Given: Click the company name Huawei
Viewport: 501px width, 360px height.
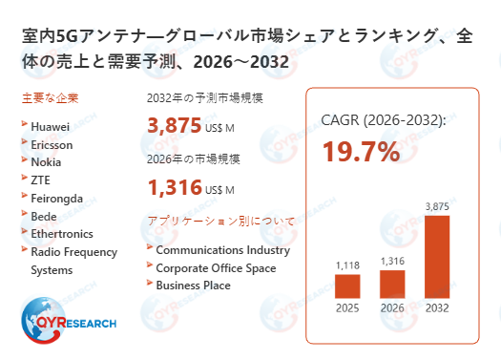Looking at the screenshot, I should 51,125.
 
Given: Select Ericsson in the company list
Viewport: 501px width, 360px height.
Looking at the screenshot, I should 52,143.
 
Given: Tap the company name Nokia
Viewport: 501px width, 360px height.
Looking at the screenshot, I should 47,161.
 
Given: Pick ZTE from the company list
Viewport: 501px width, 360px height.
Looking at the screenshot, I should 42,180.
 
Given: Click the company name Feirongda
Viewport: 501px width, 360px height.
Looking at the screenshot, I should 58,198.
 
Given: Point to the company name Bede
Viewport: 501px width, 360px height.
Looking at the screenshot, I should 45,216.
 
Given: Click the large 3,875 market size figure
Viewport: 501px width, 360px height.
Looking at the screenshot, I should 174,125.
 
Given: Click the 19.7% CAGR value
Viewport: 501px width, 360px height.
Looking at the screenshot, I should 360,152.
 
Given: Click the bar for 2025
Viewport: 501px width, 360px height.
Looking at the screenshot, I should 347,286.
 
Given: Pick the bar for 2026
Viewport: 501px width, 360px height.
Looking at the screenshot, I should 392,283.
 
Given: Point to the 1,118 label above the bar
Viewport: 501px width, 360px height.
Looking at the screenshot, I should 347,265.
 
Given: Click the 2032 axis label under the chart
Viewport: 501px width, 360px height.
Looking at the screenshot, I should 436,308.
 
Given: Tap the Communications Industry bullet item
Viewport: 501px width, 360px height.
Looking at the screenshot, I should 222,250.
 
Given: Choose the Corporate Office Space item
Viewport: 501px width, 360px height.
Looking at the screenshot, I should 216,268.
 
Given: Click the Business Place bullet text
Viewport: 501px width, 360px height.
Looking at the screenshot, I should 193,286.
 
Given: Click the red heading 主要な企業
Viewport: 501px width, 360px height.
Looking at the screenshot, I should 50,98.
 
